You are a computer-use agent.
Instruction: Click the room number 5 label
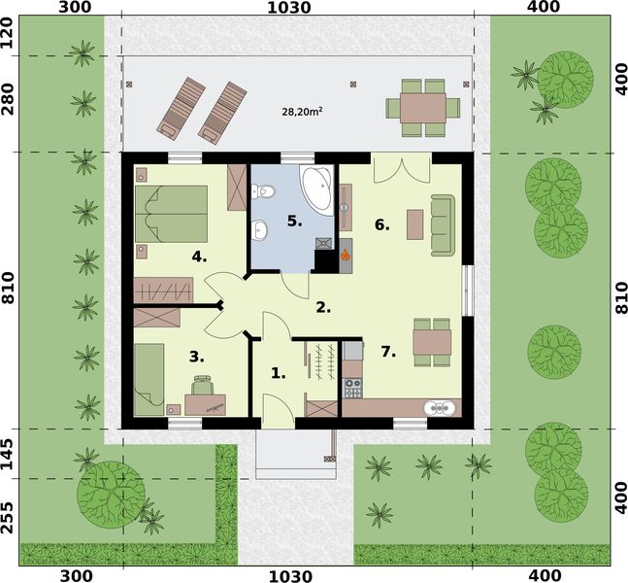[x=294, y=221]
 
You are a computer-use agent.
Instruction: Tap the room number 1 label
[x=278, y=372]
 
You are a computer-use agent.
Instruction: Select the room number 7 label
[x=388, y=352]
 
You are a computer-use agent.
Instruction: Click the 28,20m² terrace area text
[x=302, y=112]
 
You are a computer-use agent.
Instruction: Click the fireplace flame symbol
[x=345, y=256]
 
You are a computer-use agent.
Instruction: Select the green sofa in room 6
[x=443, y=223]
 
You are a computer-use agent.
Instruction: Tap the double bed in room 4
[x=172, y=213]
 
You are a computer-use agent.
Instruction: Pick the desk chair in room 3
[x=203, y=388]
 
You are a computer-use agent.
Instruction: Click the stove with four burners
[x=352, y=387]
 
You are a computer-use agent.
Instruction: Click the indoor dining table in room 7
[x=432, y=342]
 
